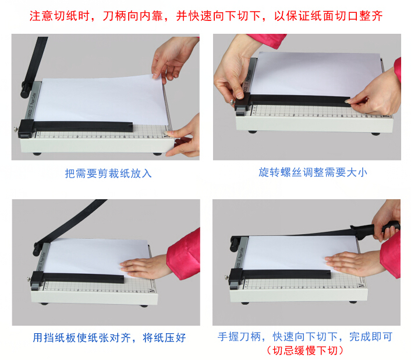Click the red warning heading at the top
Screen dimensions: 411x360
click(206, 16)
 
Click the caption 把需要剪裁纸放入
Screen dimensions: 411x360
click(108, 174)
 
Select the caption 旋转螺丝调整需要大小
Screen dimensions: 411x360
click(313, 172)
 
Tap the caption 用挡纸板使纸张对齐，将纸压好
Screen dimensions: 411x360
click(109, 337)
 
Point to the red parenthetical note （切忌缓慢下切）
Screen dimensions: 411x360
click(305, 350)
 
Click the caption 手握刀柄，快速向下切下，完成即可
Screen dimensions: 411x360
click(305, 337)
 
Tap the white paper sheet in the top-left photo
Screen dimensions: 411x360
click(101, 101)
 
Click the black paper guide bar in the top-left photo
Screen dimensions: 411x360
click(76, 128)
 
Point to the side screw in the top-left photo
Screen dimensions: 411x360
click(16, 129)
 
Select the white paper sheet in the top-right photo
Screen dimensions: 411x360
click(314, 74)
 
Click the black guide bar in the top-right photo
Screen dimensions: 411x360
click(293, 101)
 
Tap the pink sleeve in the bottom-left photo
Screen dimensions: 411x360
click(184, 255)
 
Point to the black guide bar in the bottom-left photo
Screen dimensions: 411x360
click(78, 278)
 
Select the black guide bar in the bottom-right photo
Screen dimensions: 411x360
click(280, 275)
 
